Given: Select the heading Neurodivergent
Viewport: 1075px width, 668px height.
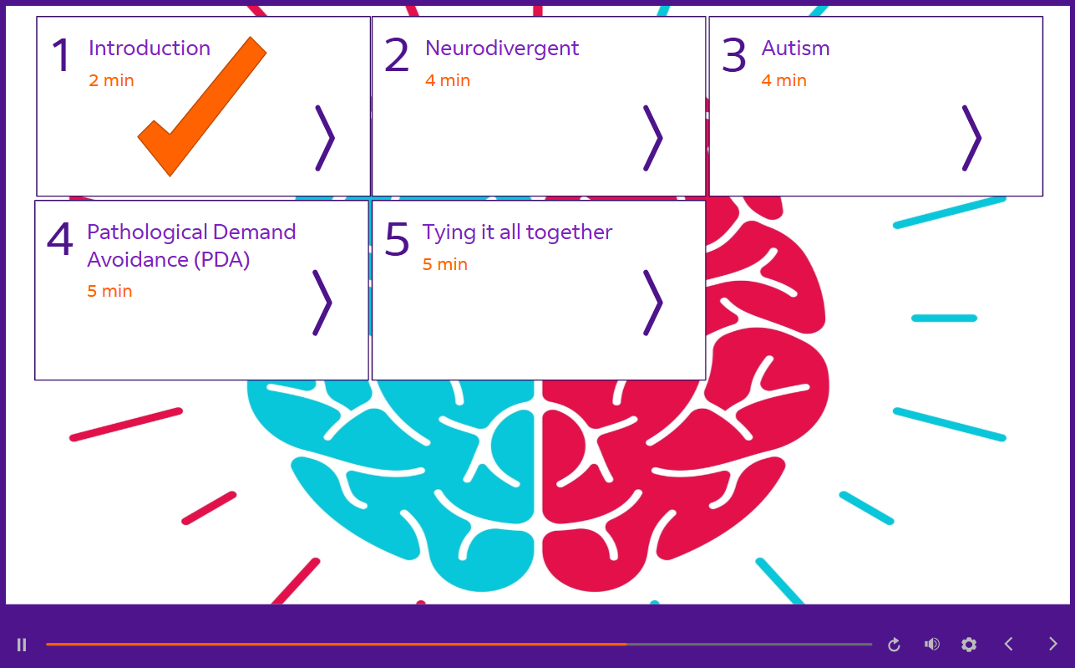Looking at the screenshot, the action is click(501, 48).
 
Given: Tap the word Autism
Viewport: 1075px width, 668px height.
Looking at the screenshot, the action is click(795, 48).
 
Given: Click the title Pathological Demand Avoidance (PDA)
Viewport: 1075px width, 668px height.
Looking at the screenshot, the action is click(190, 245).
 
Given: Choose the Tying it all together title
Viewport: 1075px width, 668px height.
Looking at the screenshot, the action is click(517, 232).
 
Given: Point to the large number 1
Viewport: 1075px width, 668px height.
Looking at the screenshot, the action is click(62, 56).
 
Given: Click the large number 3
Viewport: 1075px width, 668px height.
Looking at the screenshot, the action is click(733, 56).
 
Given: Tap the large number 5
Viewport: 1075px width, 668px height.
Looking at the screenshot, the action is click(397, 239).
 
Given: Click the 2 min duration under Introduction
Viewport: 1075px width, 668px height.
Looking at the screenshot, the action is click(111, 81).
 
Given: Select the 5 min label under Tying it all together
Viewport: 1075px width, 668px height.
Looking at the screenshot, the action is click(444, 265).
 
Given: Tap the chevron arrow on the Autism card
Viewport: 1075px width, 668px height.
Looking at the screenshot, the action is click(971, 138).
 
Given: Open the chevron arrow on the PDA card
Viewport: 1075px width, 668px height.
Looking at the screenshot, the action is click(322, 303).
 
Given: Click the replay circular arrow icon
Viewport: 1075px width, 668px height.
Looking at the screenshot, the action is click(894, 645).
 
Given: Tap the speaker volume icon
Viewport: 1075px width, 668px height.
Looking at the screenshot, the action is click(931, 645).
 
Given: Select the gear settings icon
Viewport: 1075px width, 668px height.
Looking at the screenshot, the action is click(969, 645).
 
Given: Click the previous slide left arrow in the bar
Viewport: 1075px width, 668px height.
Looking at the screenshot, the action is click(1009, 645).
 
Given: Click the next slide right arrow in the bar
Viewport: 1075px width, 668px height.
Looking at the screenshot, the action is click(1052, 645).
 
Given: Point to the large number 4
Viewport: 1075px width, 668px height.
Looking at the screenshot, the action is click(60, 240).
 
